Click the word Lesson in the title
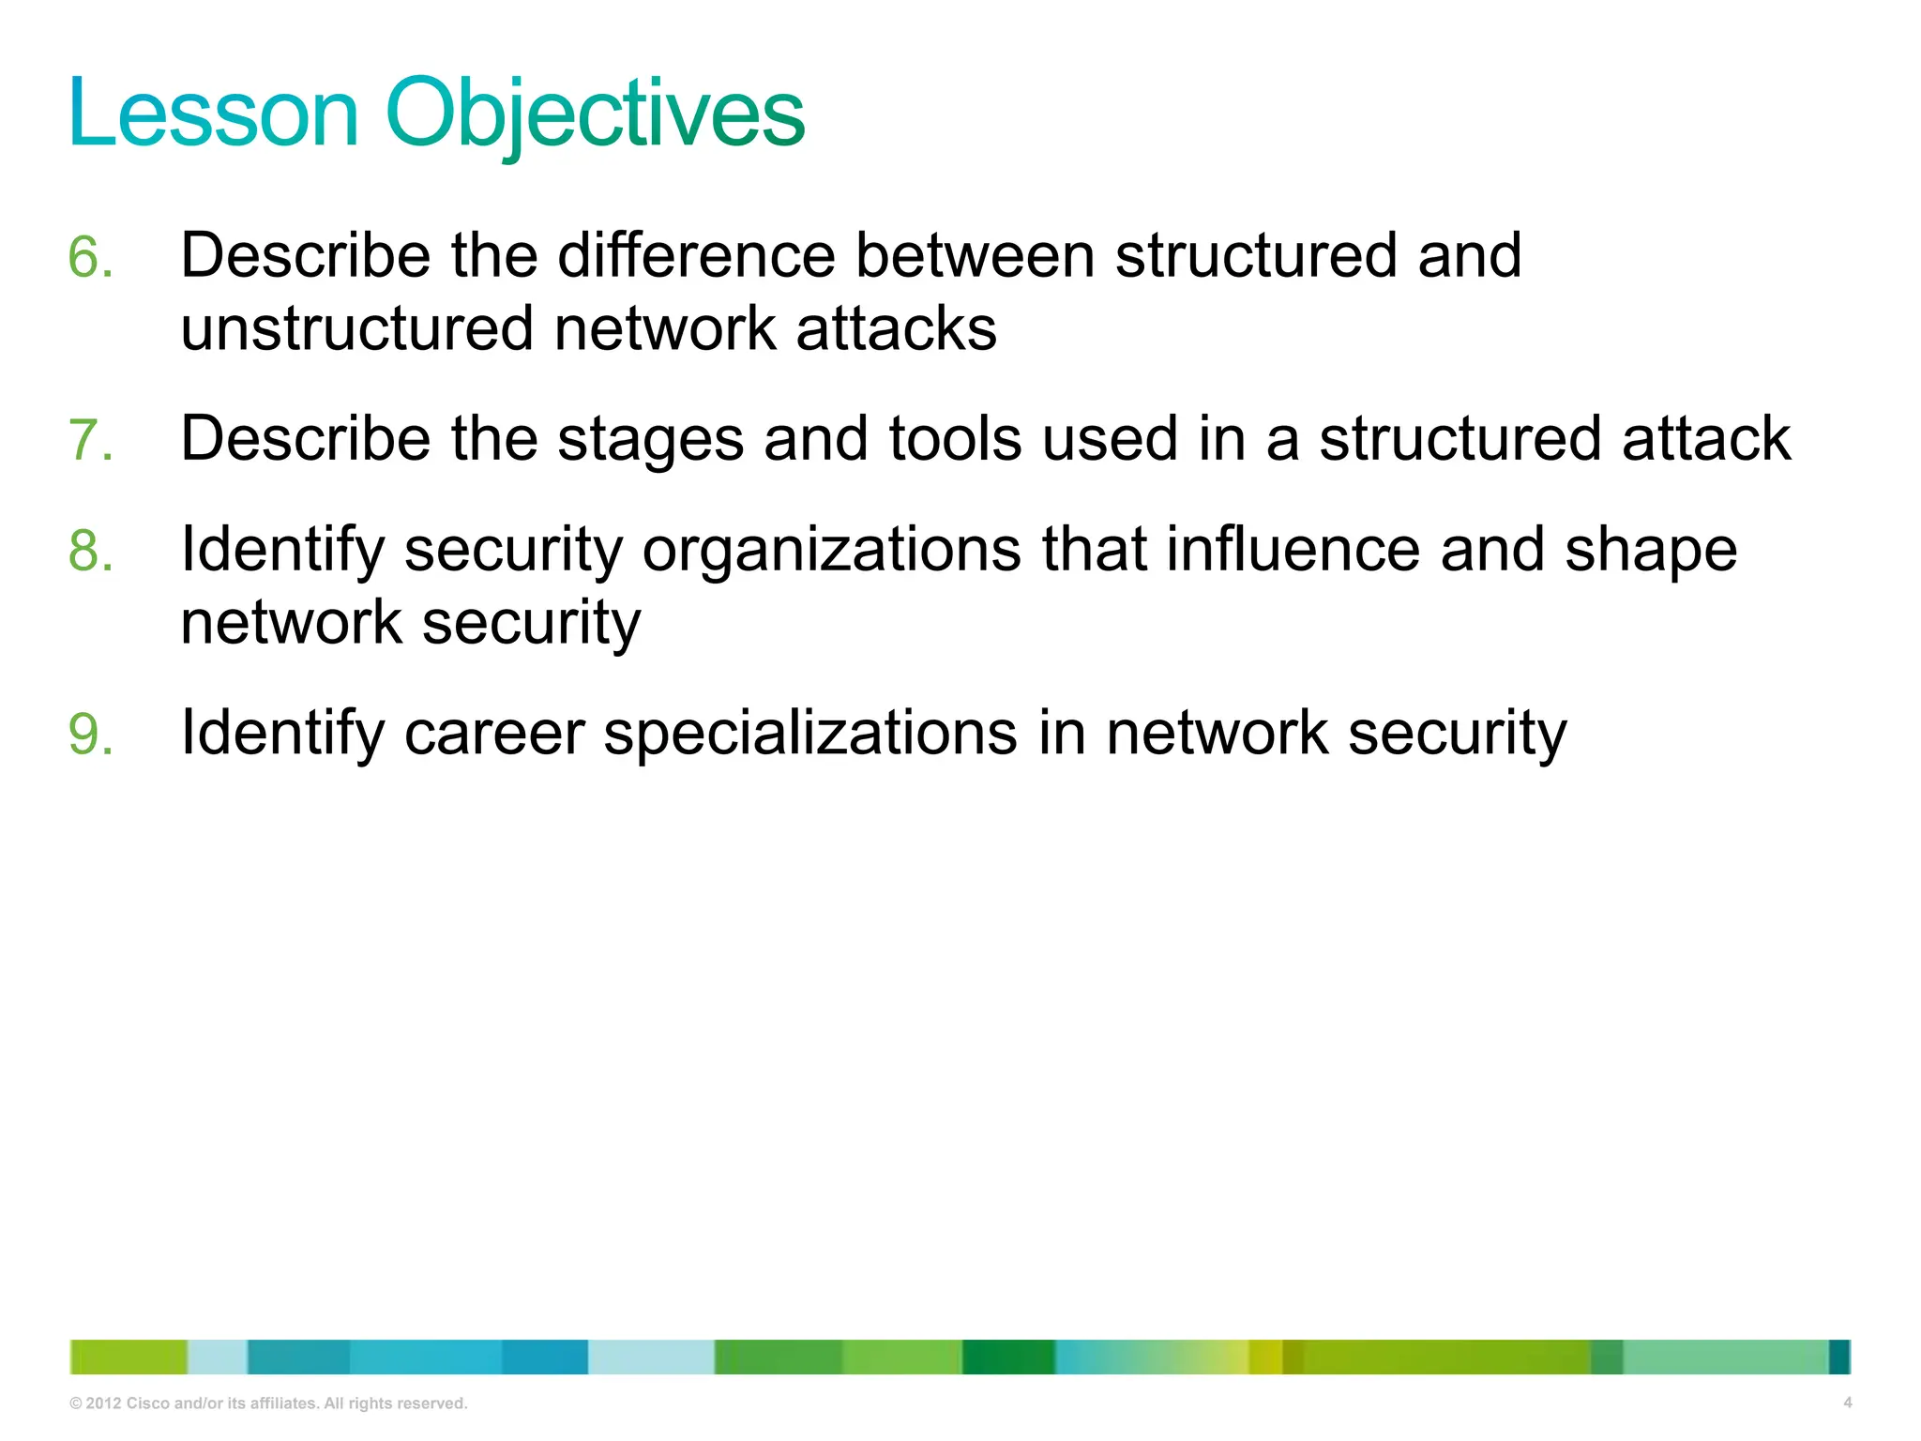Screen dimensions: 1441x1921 [214, 114]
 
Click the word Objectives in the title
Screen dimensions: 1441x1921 [595, 114]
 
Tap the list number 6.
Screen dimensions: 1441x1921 [90, 257]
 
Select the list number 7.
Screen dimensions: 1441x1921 [90, 440]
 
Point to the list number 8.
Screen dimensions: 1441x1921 [90, 550]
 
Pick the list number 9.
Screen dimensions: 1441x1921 [90, 734]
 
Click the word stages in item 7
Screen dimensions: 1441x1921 [649, 439]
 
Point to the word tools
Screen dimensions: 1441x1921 [954, 439]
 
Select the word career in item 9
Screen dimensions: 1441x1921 [494, 733]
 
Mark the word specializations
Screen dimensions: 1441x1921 [809, 733]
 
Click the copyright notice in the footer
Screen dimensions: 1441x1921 [268, 1403]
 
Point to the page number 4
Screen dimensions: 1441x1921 [1847, 1403]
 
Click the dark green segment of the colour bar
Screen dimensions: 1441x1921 [1007, 1357]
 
